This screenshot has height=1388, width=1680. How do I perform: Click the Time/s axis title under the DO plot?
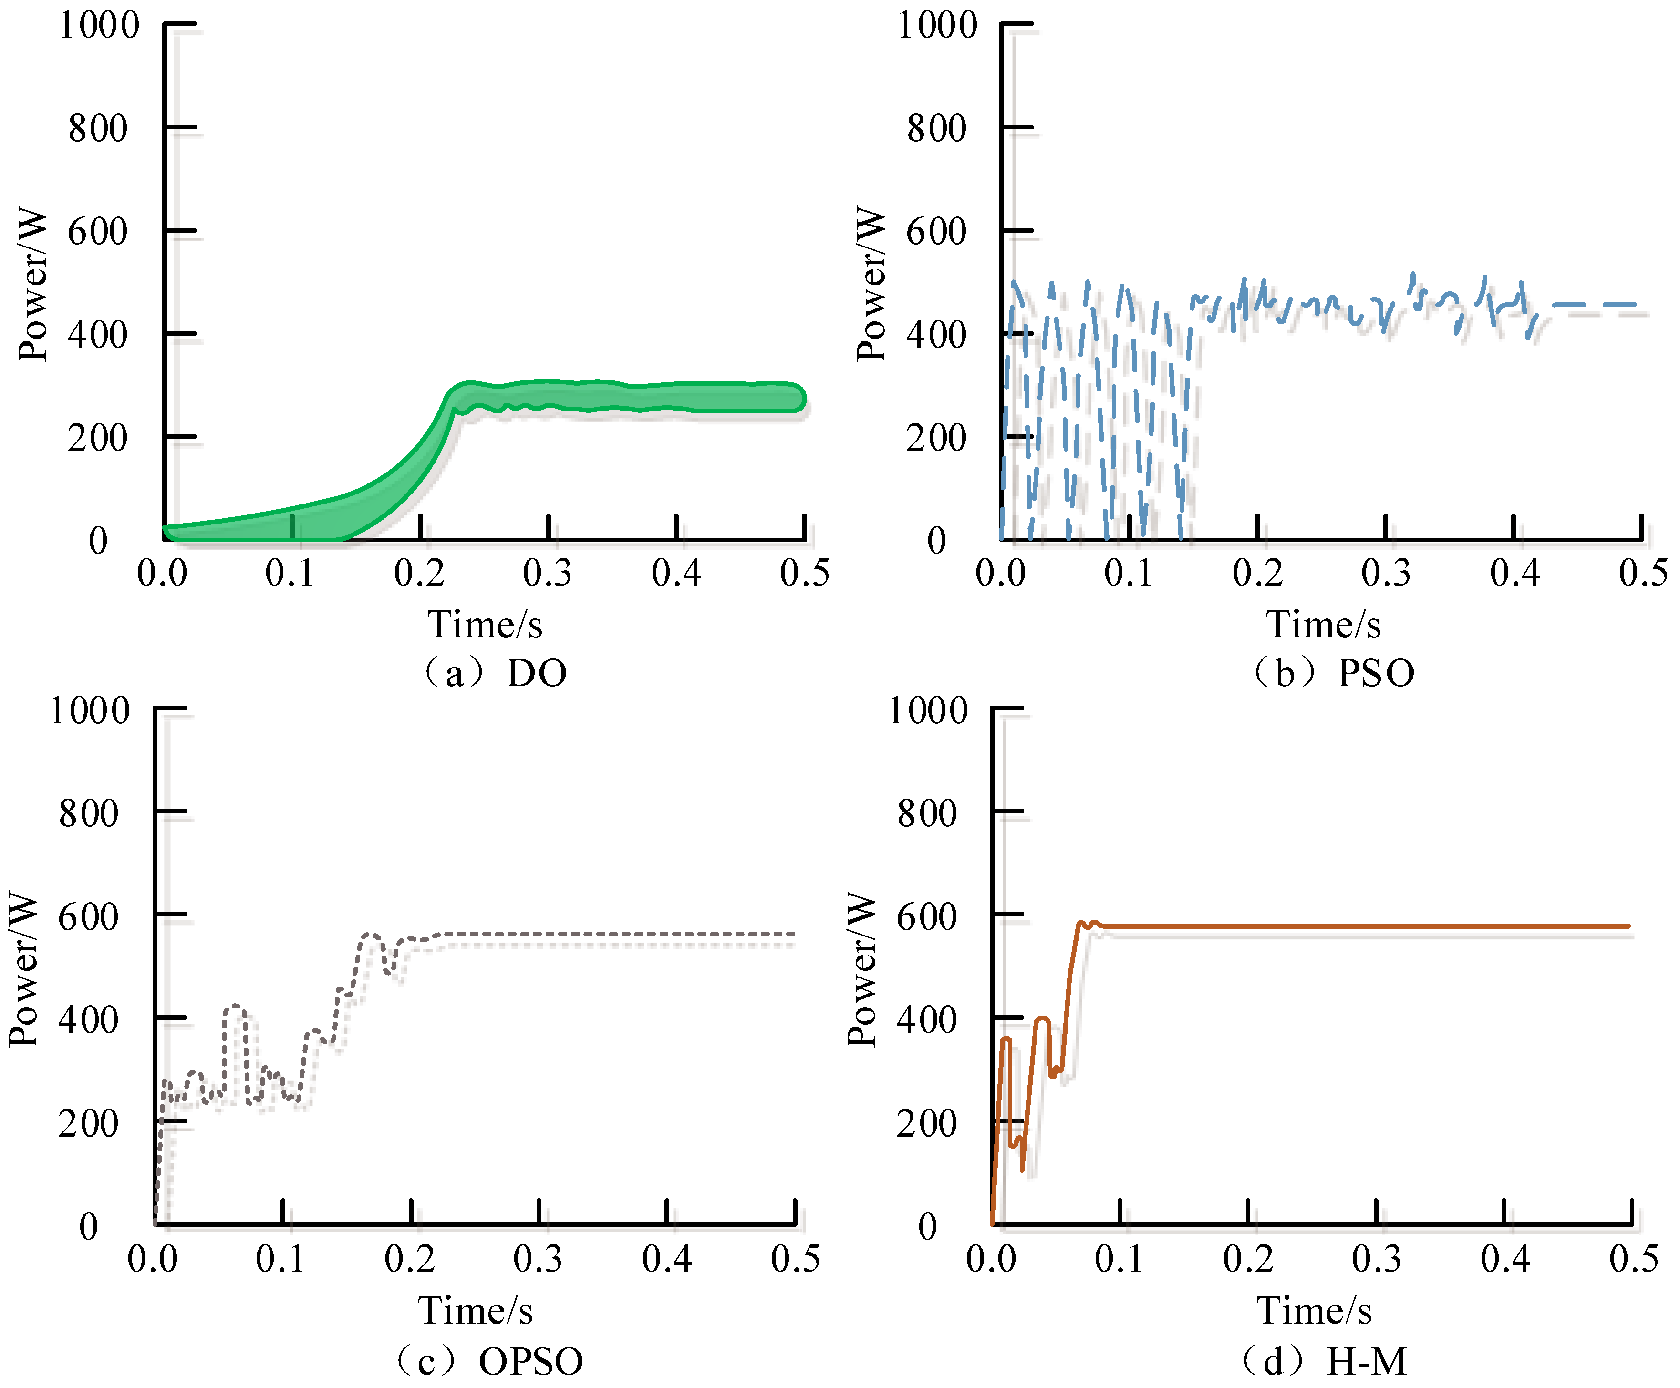point(485,625)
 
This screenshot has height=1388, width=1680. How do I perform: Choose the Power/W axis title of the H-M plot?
point(861,969)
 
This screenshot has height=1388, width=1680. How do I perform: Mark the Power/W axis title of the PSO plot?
point(871,284)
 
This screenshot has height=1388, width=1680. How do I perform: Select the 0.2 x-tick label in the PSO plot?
point(1257,573)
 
